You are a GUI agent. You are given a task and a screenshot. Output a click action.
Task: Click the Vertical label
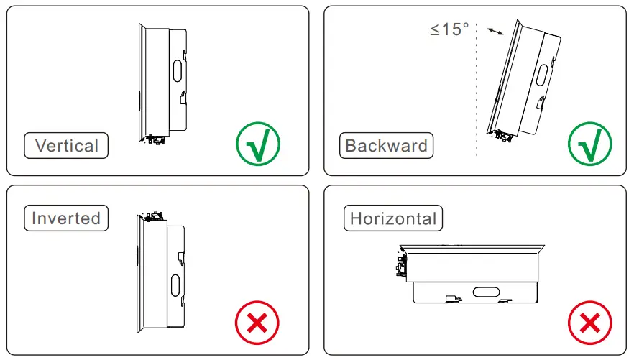[66, 146]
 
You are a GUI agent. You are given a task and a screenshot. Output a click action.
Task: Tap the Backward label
[386, 146]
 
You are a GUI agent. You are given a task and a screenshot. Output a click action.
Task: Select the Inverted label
[66, 218]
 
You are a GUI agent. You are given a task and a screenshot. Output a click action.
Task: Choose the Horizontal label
[393, 218]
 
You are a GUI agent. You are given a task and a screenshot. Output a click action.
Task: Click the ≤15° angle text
[449, 30]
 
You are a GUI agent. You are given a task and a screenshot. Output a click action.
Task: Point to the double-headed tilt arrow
[495, 32]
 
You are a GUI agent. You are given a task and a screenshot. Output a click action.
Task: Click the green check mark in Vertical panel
[257, 144]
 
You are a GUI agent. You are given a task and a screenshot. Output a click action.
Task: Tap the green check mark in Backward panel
[589, 144]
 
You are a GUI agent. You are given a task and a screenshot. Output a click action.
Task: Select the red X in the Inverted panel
[257, 324]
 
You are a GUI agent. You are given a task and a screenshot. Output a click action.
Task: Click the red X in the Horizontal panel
[589, 324]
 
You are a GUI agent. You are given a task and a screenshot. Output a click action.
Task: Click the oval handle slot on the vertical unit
[177, 73]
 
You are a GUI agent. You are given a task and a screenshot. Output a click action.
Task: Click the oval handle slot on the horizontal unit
[487, 291]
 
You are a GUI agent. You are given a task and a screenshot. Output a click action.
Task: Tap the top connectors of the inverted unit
[153, 216]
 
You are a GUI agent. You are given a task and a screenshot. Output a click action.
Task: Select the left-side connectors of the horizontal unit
[400, 265]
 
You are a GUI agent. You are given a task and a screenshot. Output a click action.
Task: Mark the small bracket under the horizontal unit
[451, 298]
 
